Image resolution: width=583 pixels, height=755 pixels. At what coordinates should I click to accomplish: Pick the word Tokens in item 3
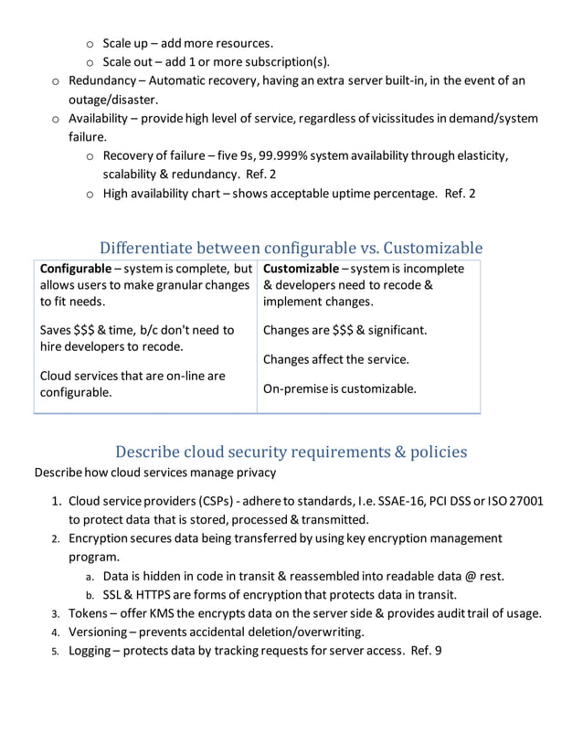click(x=90, y=613)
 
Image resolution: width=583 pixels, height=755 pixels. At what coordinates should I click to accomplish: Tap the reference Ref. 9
click(x=426, y=651)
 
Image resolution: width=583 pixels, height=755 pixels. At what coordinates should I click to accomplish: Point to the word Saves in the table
click(x=58, y=330)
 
